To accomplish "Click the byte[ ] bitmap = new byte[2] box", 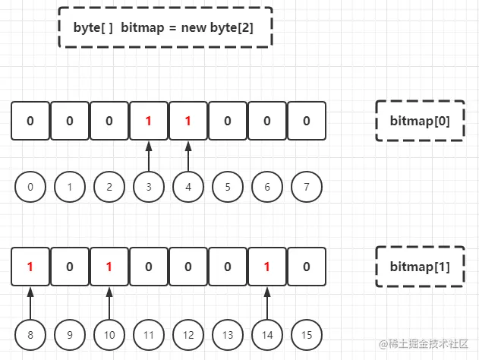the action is point(165,27).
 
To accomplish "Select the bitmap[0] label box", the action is point(420,120).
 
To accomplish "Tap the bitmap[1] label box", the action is point(420,267).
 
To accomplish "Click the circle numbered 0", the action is point(30,187).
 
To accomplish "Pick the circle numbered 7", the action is point(306,187).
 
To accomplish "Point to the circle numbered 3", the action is point(149,187).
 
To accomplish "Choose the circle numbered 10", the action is point(109,334).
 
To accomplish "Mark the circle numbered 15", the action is point(306,334).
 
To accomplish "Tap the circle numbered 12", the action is point(188,334).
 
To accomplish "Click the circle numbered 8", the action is point(30,334).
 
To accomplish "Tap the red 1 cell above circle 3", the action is point(149,121).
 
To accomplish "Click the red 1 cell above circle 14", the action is point(266,267).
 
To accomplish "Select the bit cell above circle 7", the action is point(306,121).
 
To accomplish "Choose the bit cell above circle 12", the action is point(188,267).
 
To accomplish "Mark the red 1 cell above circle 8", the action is point(30,267).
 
